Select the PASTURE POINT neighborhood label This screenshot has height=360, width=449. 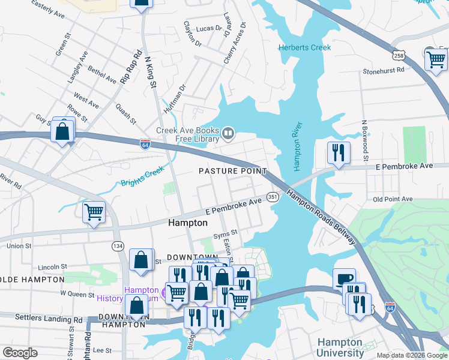(x=232, y=171)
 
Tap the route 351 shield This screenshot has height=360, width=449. (x=273, y=197)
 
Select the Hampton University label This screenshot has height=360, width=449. (x=340, y=347)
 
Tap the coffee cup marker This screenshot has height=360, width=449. (x=345, y=279)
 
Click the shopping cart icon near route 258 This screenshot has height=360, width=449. (x=435, y=59)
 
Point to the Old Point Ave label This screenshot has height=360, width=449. (x=393, y=199)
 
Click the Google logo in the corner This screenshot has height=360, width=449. (x=20, y=353)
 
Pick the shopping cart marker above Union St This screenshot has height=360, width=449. (x=94, y=212)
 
